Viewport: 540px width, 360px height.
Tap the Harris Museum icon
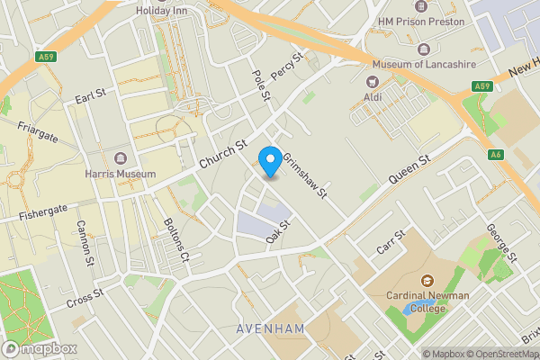(120, 158)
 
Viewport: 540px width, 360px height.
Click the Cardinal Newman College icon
(426, 281)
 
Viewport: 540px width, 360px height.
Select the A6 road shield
(496, 154)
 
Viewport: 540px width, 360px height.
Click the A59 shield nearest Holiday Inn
(48, 57)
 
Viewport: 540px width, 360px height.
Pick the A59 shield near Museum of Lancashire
(481, 86)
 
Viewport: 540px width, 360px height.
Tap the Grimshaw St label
(303, 175)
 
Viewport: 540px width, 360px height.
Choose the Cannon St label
(85, 243)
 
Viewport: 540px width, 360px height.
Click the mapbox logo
(39, 348)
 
